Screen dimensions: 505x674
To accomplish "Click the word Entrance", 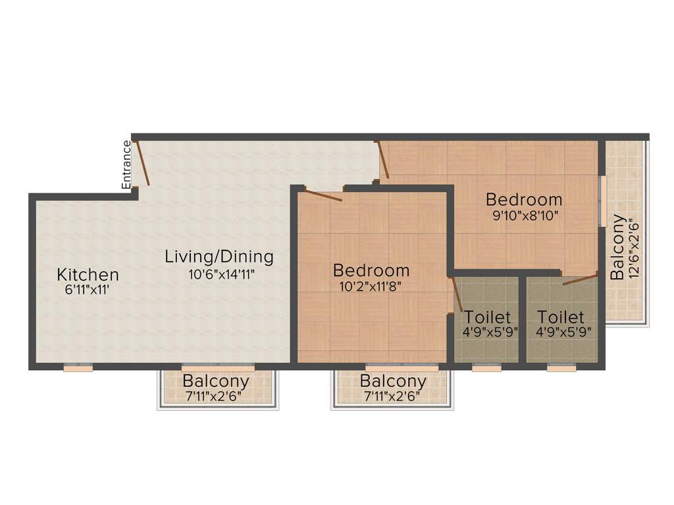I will [126, 164].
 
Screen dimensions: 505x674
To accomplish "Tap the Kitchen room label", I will [88, 275].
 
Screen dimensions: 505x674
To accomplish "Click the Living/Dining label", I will [219, 256].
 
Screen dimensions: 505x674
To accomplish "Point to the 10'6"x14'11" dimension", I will [221, 274].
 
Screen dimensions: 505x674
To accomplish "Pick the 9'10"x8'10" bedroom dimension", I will [524, 215].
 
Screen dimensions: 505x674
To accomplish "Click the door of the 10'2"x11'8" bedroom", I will [323, 195].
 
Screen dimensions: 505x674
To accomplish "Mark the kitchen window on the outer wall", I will [78, 368].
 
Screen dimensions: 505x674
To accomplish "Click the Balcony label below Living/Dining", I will [216, 381].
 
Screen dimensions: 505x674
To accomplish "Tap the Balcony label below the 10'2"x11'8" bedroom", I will [393, 381].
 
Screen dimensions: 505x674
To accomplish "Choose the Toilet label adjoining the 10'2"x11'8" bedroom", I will [487, 318].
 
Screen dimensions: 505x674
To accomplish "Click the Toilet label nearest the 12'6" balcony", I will [560, 318].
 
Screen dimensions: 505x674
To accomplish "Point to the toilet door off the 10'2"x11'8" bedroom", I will [457, 295].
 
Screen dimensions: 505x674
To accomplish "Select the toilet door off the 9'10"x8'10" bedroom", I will [579, 279].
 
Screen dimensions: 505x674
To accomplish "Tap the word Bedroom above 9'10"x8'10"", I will [524, 199].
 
